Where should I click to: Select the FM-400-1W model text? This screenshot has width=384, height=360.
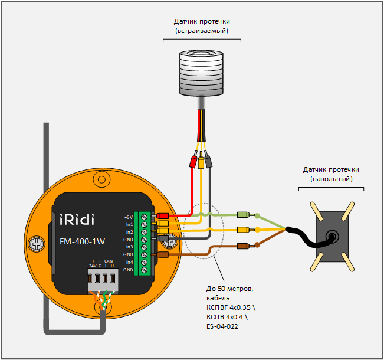pyautogui.click(x=83, y=241)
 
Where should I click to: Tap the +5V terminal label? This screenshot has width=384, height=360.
pyautogui.click(x=129, y=217)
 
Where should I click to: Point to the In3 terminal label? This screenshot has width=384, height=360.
pyautogui.click(x=129, y=247)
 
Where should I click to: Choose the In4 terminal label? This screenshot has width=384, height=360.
pyautogui.click(x=129, y=261)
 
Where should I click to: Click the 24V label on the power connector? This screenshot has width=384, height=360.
pyautogui.click(x=93, y=266)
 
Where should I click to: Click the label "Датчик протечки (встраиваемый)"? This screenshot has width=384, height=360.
pyautogui.click(x=202, y=25)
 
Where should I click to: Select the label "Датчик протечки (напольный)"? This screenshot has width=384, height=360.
pyautogui.click(x=331, y=174)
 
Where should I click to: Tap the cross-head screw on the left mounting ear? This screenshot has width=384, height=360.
pyautogui.click(x=37, y=243)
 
